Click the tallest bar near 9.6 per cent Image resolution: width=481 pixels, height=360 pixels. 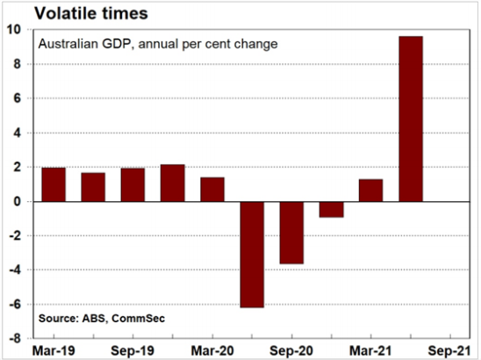click(x=411, y=119)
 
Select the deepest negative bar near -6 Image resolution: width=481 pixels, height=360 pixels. click(x=252, y=255)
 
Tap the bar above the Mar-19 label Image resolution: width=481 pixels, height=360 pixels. click(x=54, y=184)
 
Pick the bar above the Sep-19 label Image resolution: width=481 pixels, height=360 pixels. click(x=133, y=184)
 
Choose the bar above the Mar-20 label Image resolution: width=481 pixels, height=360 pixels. click(x=212, y=190)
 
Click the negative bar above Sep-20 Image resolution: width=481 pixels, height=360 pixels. click(x=291, y=233)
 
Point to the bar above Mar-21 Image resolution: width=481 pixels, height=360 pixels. click(x=371, y=191)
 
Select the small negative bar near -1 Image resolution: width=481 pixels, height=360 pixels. click(x=331, y=209)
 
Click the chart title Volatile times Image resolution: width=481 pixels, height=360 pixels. click(x=91, y=13)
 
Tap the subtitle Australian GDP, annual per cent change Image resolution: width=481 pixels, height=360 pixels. click(x=158, y=44)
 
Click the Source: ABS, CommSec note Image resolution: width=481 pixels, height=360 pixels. click(x=102, y=318)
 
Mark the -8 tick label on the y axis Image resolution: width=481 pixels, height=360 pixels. click(x=15, y=339)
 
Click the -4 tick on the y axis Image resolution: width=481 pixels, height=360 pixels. click(x=15, y=270)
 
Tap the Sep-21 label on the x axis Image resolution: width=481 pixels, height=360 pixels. click(x=449, y=351)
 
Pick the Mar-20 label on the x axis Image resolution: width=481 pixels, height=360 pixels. click(x=212, y=351)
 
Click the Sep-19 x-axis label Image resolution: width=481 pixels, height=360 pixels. click(x=133, y=351)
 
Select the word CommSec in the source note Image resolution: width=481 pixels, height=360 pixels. click(x=139, y=318)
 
